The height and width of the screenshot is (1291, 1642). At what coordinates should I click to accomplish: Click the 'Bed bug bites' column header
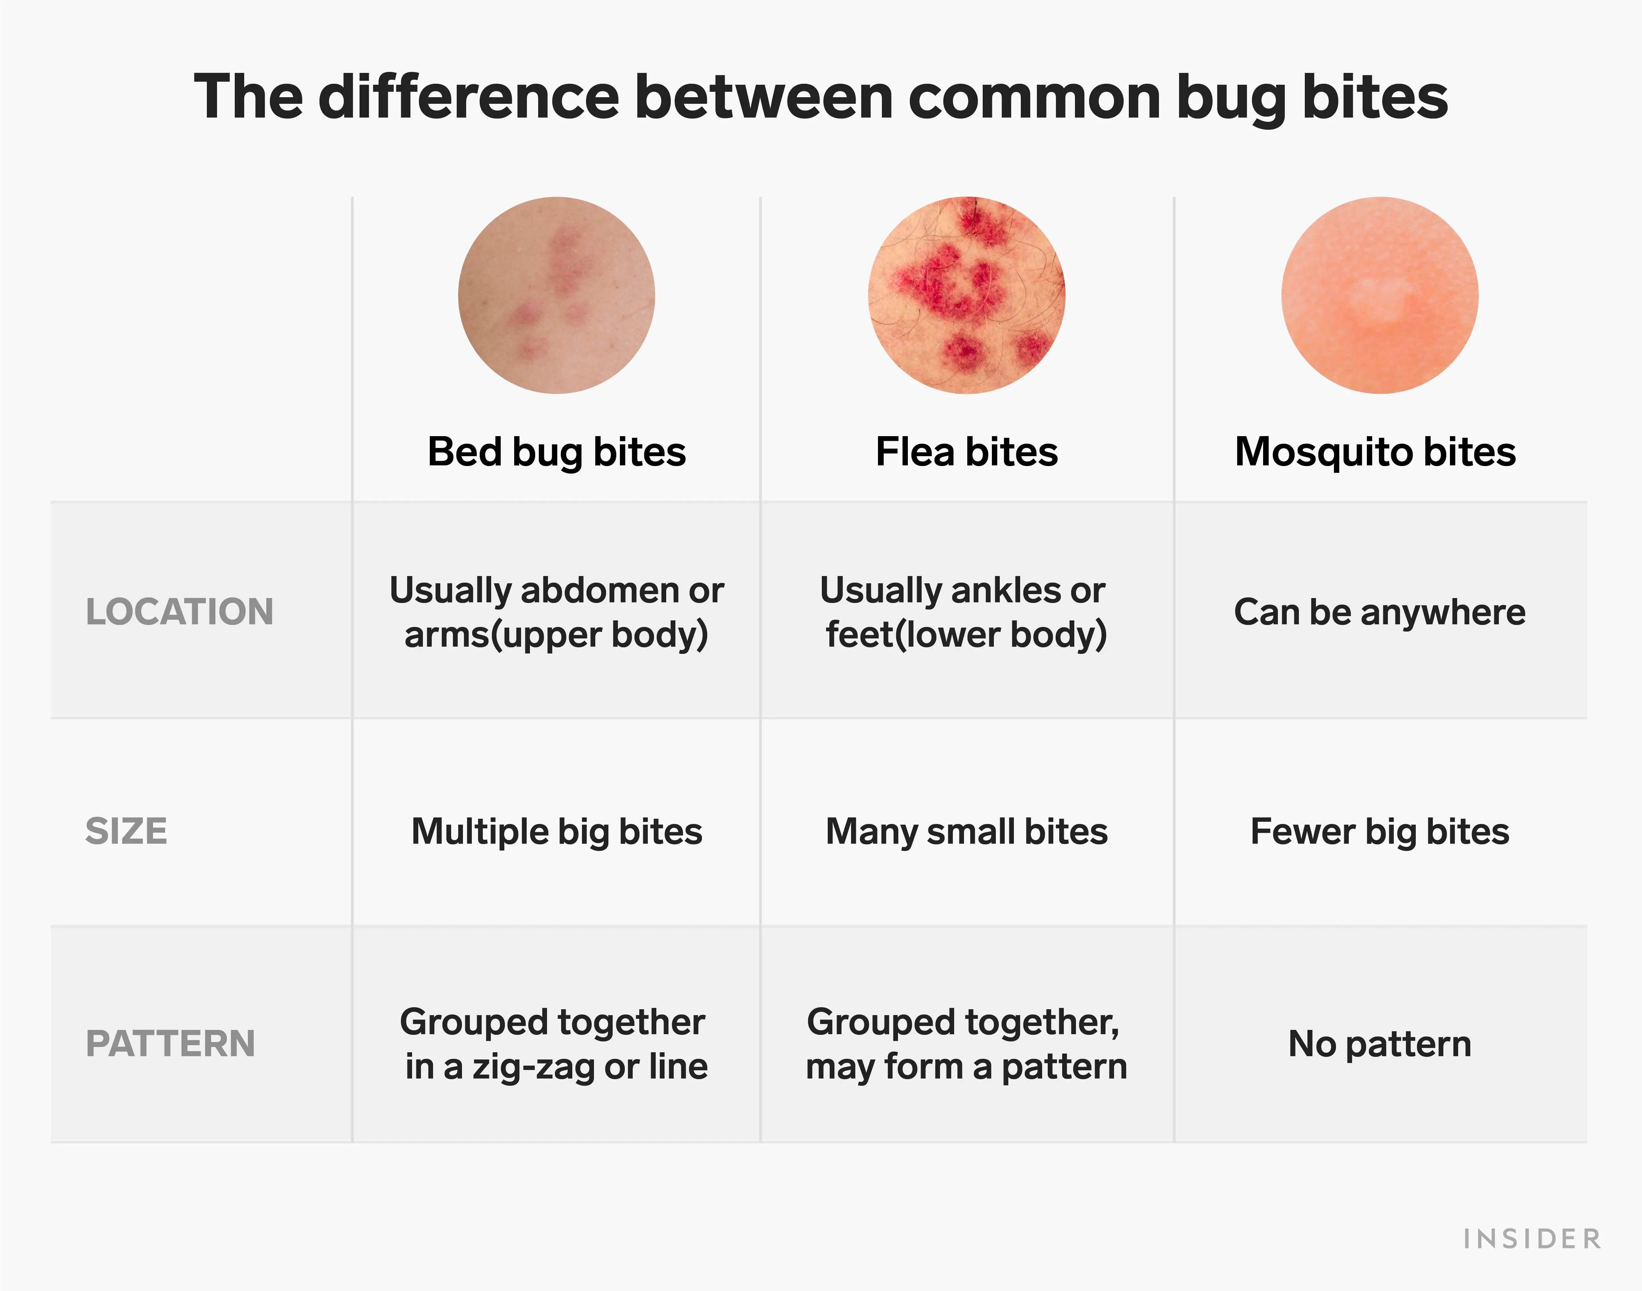pos(556,452)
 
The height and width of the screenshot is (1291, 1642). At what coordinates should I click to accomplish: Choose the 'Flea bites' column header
pos(967,452)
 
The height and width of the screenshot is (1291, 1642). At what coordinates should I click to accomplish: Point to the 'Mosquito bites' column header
pos(1375,452)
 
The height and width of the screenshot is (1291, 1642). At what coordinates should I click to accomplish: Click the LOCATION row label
pos(179,612)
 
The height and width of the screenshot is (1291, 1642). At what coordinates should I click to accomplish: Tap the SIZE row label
pos(126,832)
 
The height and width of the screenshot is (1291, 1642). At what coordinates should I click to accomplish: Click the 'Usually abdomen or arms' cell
pos(556,612)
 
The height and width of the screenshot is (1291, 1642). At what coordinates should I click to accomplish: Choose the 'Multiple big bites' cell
pos(556,832)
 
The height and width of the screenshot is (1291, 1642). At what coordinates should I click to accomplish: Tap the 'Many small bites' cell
pos(967,832)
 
